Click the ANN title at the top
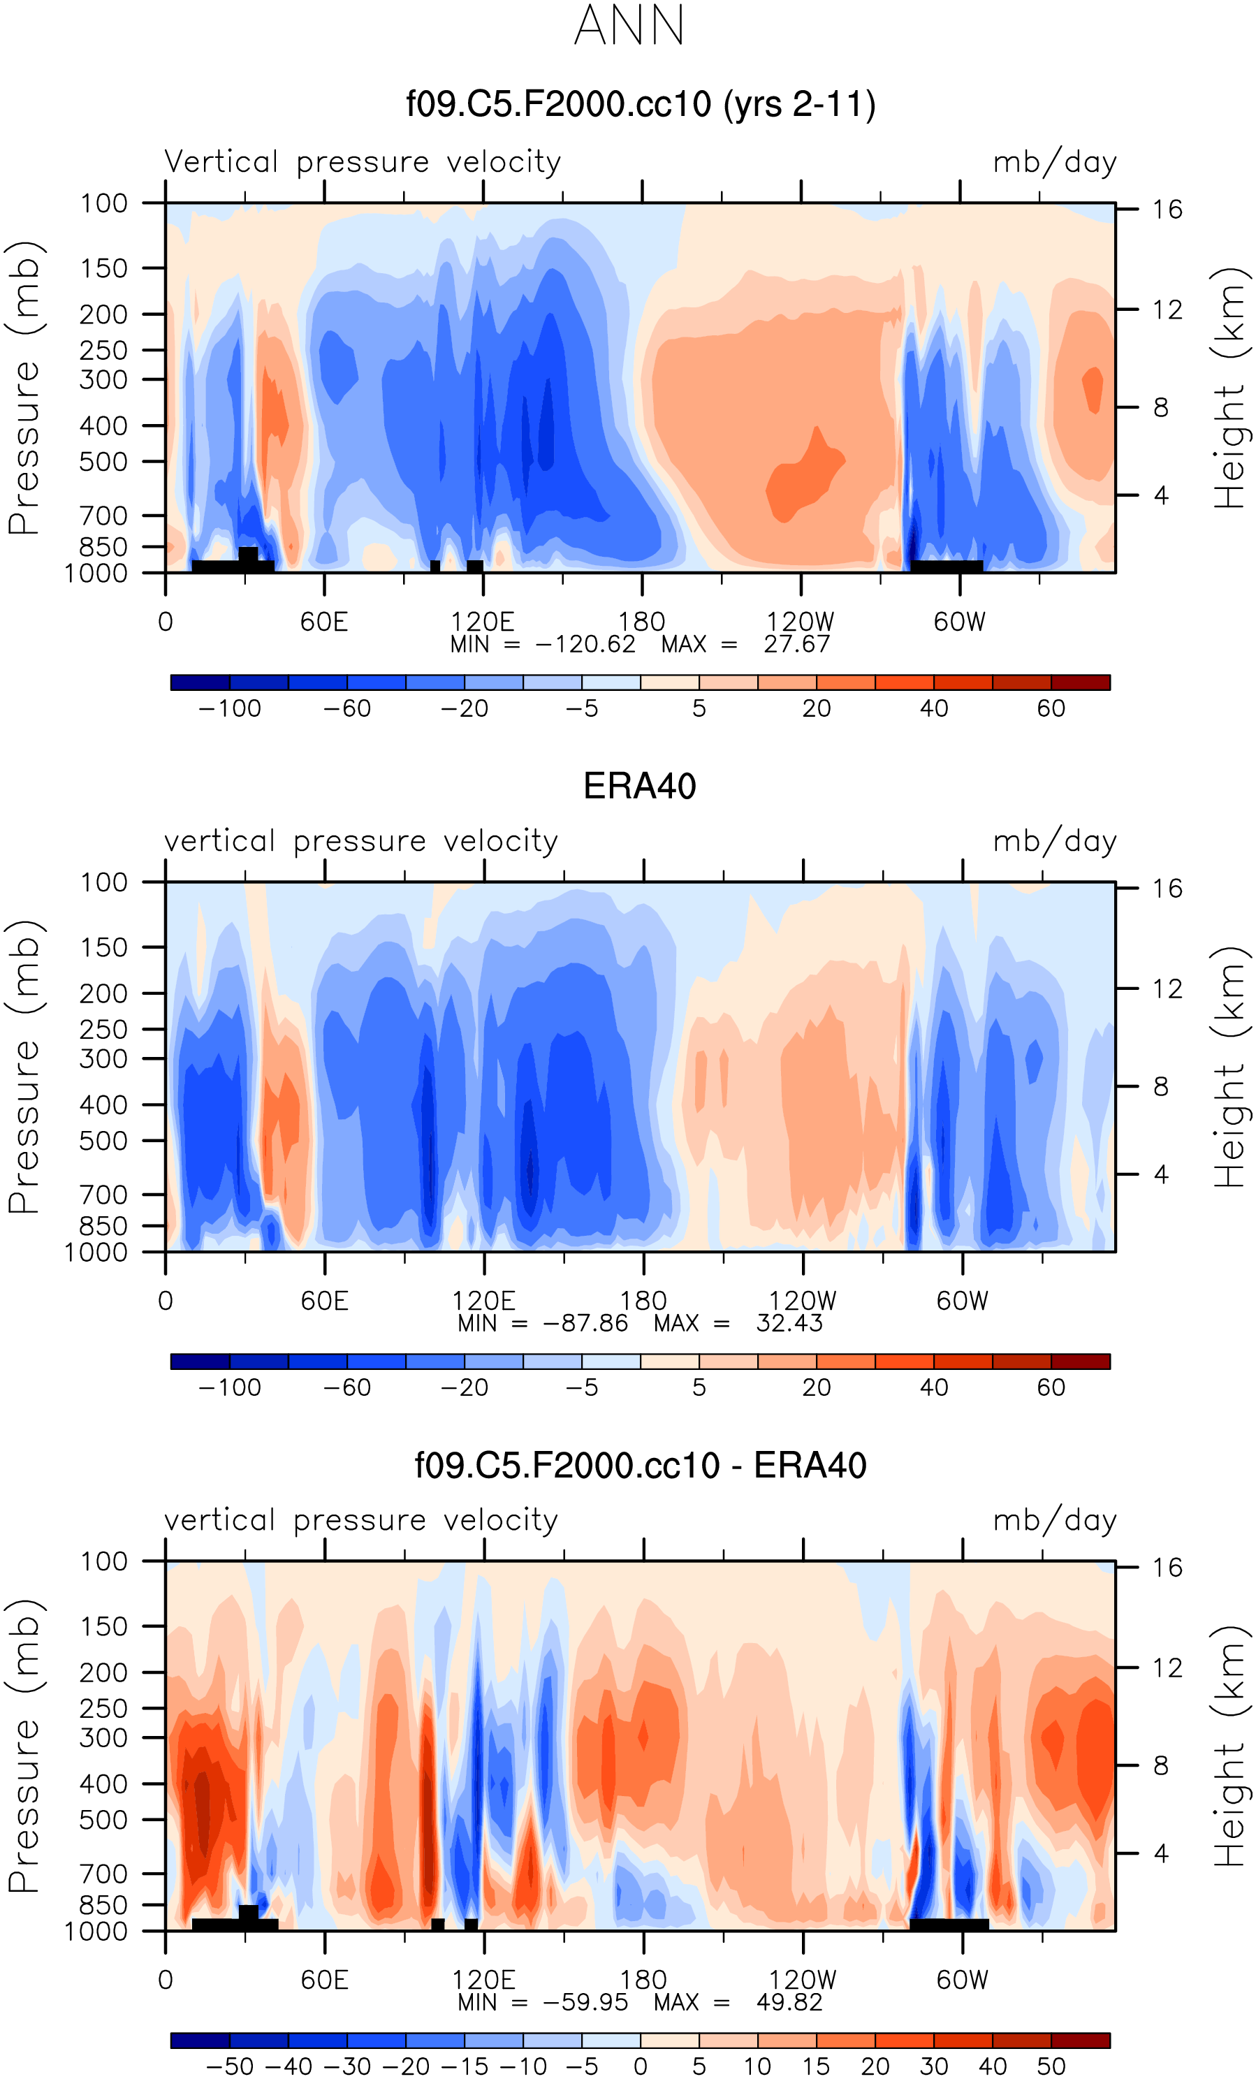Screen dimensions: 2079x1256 629,25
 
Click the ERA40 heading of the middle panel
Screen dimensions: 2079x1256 639,787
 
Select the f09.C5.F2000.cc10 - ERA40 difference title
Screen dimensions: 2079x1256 641,1466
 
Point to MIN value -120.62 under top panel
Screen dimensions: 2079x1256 585,645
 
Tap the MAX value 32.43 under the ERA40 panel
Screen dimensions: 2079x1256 789,1323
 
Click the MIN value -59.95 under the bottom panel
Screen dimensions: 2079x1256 585,2002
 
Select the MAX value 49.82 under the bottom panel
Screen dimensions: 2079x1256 789,2002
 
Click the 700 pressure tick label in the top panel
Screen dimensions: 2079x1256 104,516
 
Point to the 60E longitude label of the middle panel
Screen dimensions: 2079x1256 325,1301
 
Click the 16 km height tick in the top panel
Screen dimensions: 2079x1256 1167,210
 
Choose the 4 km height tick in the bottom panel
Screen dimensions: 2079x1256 1161,1854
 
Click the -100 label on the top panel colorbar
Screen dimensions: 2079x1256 229,709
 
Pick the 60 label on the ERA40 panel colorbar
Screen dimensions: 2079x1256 1051,1388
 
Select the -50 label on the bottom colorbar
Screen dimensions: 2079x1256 229,2066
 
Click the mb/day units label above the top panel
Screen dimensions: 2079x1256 1054,161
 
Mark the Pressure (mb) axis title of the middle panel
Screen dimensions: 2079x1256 24,1067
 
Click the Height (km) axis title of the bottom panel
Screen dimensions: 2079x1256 1230,1746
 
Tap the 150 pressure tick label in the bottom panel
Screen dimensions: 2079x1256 104,1626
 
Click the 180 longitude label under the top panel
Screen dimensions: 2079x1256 642,622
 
